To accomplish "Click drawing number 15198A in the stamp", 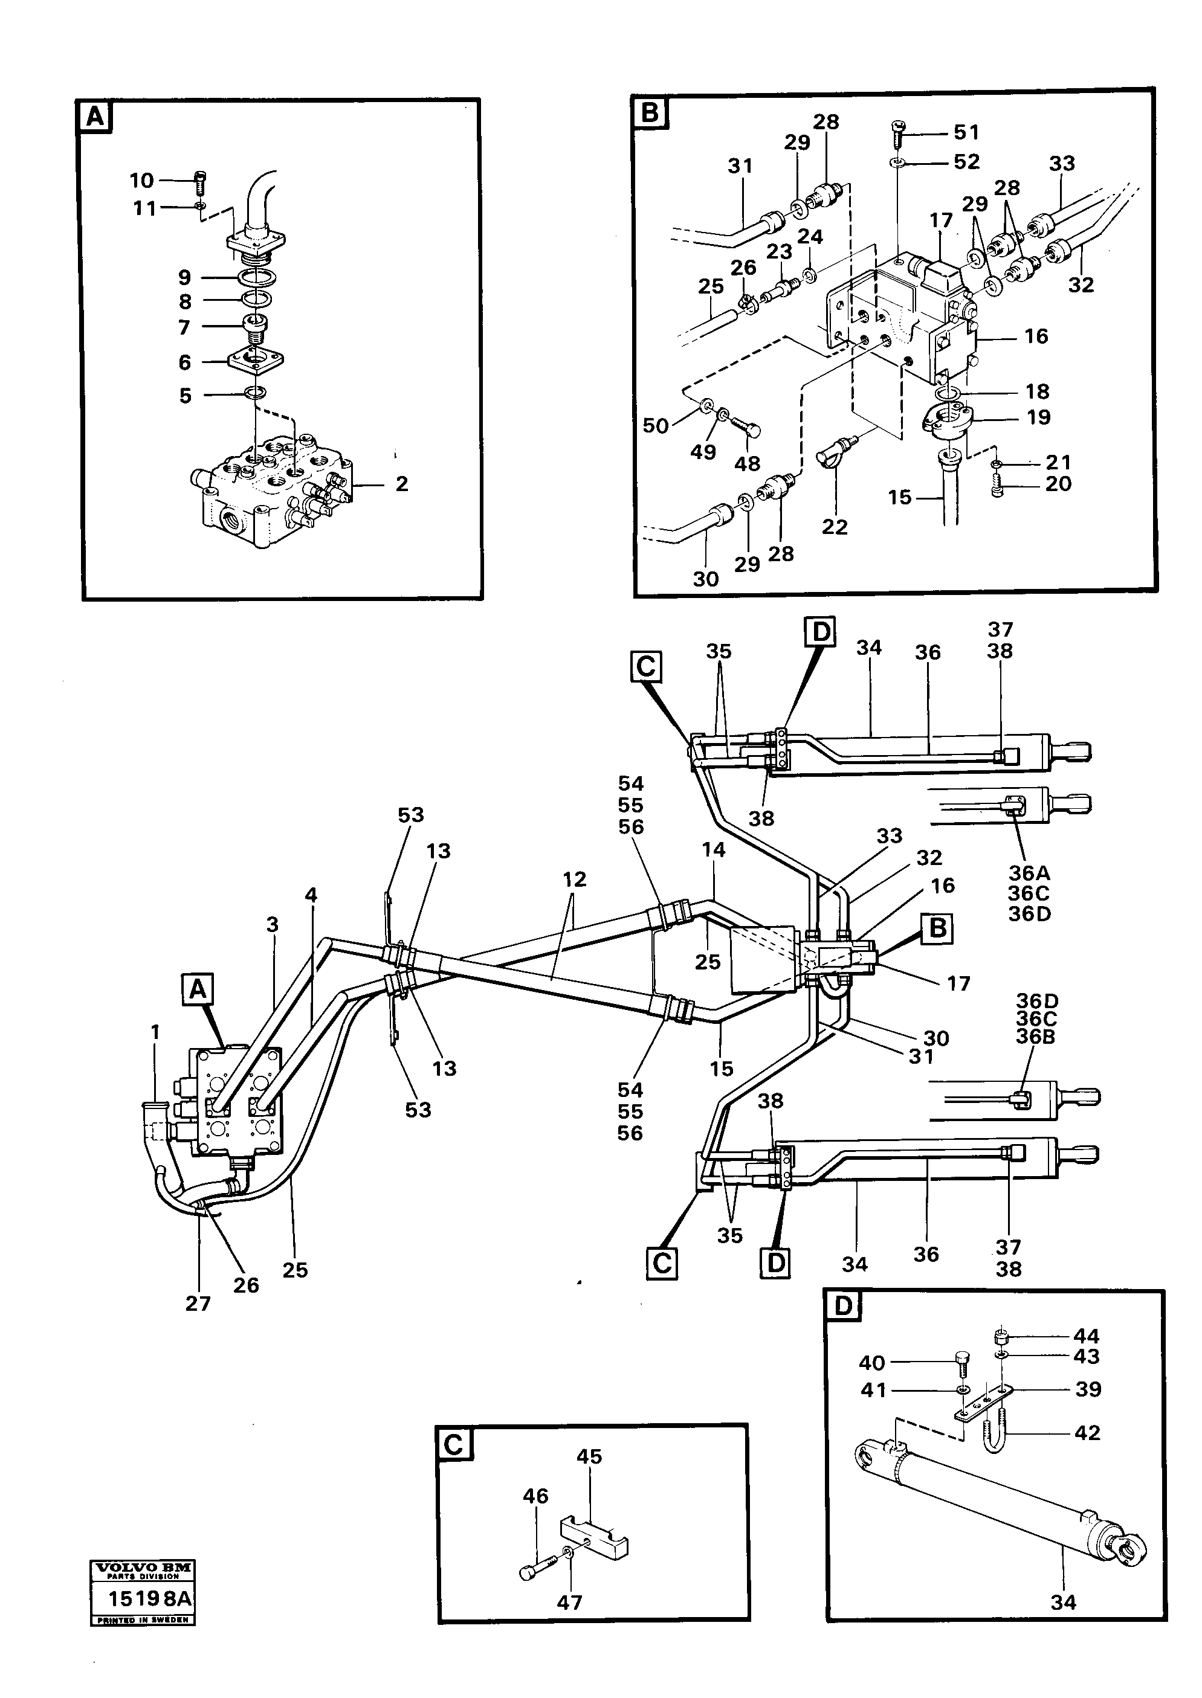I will coord(149,1598).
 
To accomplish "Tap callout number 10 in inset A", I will coord(141,181).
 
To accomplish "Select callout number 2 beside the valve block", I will coord(401,484).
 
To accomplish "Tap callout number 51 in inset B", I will coord(966,132).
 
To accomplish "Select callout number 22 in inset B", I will coord(834,527).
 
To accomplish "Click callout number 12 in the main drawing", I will coord(574,879).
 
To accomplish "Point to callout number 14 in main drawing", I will coord(714,850).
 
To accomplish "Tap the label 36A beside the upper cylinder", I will coord(1029,872).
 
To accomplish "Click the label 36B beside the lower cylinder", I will coord(1035,1036).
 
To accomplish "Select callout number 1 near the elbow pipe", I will coord(155,1031).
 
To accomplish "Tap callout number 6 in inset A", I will coord(184,362).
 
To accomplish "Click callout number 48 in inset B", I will coord(747,464).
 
